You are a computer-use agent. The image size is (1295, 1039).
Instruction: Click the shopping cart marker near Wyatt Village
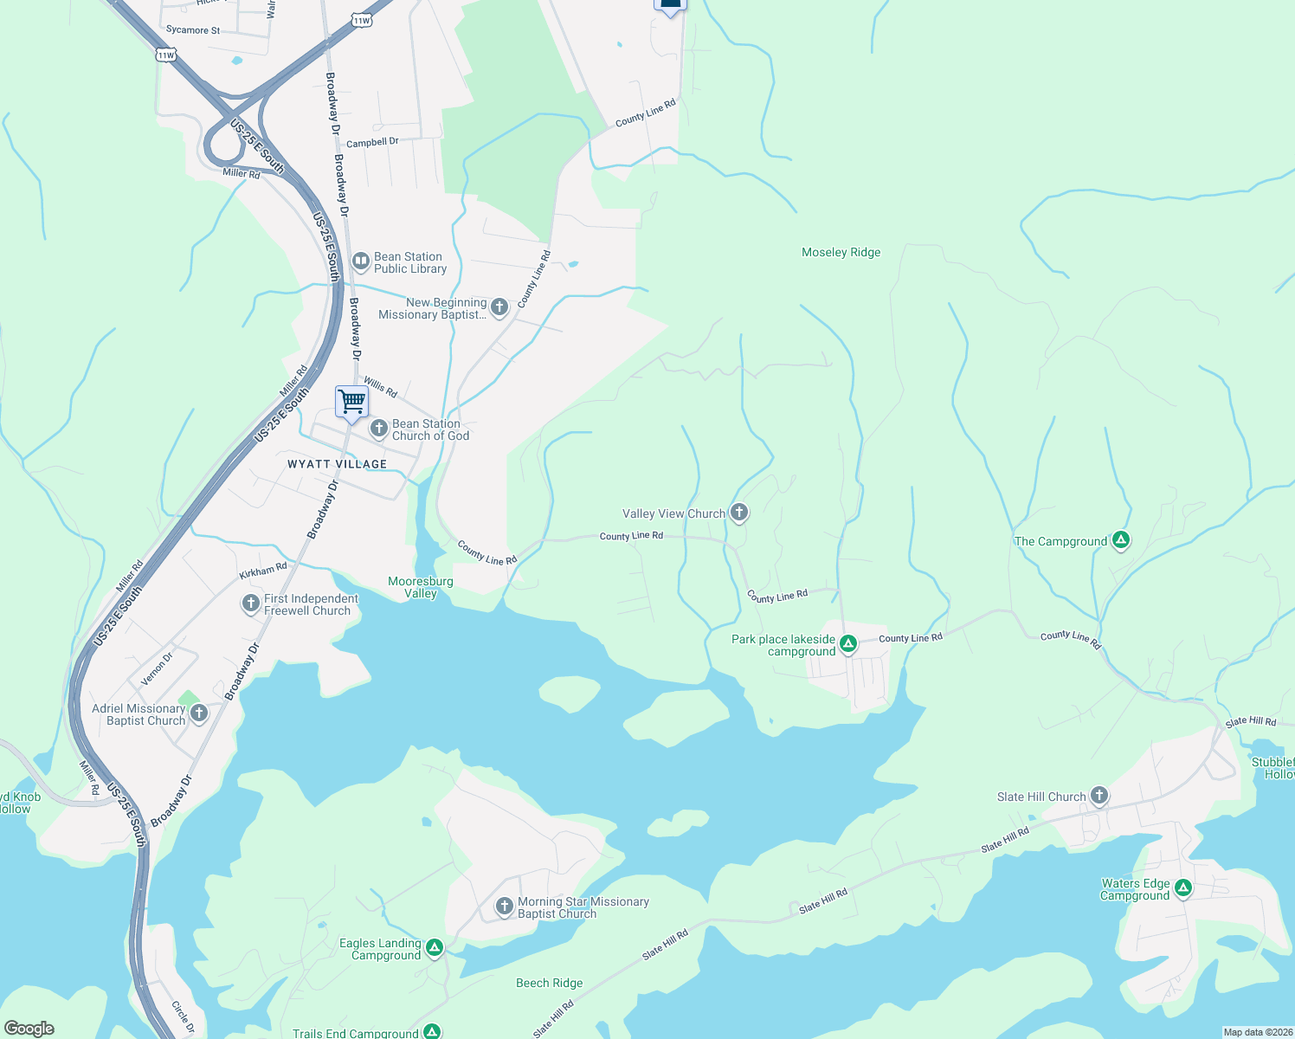pyautogui.click(x=351, y=402)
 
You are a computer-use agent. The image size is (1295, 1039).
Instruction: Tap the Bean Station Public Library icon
pyautogui.click(x=361, y=261)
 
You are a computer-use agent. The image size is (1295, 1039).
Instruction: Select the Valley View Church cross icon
pyautogui.click(x=738, y=513)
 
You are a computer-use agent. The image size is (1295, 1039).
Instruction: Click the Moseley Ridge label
pyautogui.click(x=841, y=252)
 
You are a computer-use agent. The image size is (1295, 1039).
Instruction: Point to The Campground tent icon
pyautogui.click(x=1121, y=540)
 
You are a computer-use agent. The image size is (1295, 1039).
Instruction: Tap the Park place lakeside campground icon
pyautogui.click(x=848, y=643)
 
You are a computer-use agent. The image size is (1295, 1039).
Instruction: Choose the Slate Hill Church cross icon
pyautogui.click(x=1098, y=795)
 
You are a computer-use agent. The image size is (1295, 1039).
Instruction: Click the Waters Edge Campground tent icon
pyautogui.click(x=1183, y=887)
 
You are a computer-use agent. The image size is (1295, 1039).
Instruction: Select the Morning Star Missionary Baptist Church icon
pyautogui.click(x=504, y=906)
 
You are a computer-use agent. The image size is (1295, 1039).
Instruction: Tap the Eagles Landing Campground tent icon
pyautogui.click(x=435, y=947)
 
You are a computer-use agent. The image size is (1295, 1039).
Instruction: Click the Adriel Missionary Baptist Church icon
pyautogui.click(x=199, y=713)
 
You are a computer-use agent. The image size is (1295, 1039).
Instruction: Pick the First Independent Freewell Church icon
pyautogui.click(x=250, y=603)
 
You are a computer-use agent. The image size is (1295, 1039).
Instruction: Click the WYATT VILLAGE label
pyautogui.click(x=337, y=464)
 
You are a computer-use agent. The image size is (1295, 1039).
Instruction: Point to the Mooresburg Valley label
pyautogui.click(x=421, y=587)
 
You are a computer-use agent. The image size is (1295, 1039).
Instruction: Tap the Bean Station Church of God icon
pyautogui.click(x=378, y=429)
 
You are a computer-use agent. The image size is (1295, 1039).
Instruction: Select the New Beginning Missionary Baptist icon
pyautogui.click(x=499, y=307)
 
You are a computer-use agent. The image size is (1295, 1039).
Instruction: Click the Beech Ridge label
pyautogui.click(x=549, y=983)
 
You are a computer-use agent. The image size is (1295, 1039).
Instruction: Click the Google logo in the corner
pyautogui.click(x=29, y=1028)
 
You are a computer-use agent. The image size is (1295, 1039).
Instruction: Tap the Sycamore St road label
pyautogui.click(x=192, y=29)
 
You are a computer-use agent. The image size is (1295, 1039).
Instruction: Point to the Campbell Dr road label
pyautogui.click(x=372, y=142)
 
